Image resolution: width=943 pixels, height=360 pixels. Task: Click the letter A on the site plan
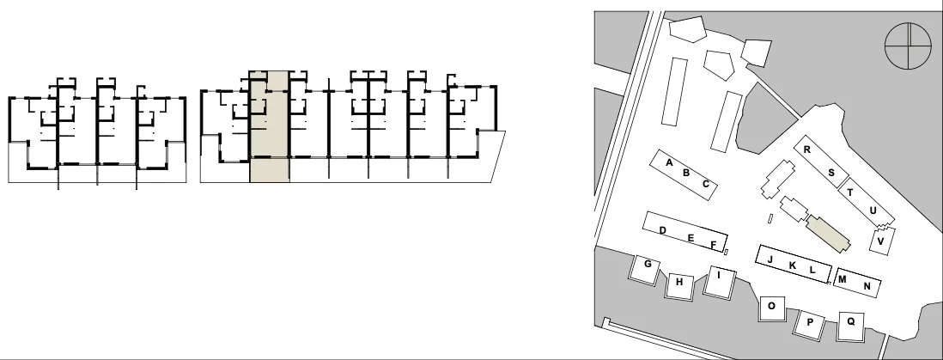point(669,162)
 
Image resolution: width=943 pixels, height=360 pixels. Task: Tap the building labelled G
point(645,268)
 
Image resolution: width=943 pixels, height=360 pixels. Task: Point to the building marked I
point(720,281)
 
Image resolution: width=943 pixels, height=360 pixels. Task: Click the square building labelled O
point(771,308)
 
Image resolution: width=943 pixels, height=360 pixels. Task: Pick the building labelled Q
point(851,326)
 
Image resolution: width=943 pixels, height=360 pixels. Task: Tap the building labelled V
point(879,240)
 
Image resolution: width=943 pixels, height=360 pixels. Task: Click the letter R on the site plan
point(807,149)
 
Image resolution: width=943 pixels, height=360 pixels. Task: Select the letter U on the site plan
point(873,211)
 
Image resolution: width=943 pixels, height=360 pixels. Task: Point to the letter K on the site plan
point(792,265)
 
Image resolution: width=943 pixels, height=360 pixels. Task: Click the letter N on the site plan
point(867,286)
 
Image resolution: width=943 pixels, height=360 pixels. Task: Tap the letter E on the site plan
point(691,238)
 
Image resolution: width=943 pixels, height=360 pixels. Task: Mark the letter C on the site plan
point(706,184)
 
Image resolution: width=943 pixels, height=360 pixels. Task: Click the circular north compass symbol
point(908,46)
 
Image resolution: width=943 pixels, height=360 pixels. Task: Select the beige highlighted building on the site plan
point(828,235)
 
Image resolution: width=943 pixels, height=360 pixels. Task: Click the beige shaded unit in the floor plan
point(270,126)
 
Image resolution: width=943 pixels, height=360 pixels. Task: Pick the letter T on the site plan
point(849,192)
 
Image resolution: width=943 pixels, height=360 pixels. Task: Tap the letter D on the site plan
point(663,230)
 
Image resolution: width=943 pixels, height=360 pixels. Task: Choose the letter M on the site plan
point(842,279)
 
